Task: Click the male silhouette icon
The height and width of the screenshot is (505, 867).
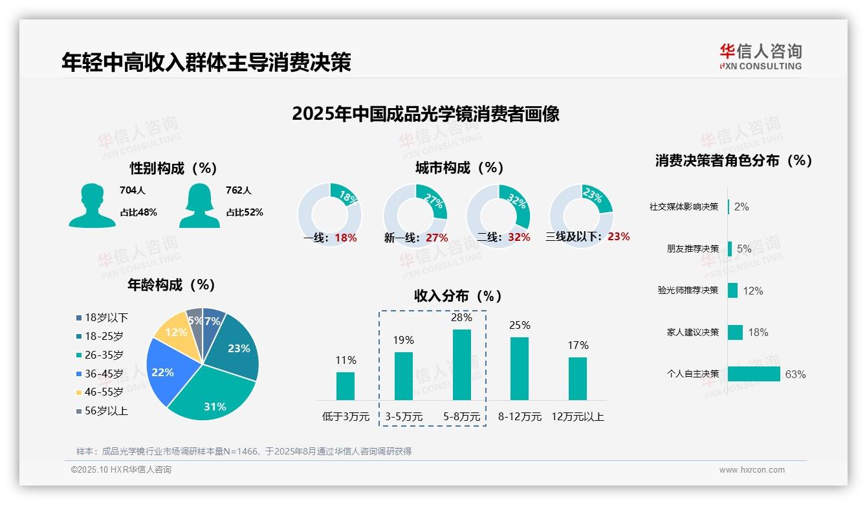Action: (x=92, y=206)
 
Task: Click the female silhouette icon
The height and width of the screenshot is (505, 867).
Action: (x=199, y=206)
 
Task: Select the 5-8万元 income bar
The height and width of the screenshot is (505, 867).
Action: (x=461, y=365)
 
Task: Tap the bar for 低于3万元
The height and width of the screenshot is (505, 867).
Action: (x=346, y=386)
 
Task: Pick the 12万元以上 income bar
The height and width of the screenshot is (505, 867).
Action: (x=578, y=379)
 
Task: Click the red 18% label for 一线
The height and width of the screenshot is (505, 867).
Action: (x=346, y=238)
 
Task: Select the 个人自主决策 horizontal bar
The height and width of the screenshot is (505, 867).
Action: (x=754, y=374)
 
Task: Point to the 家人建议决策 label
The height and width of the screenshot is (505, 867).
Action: (x=692, y=332)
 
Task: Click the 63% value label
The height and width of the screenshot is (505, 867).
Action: (x=795, y=374)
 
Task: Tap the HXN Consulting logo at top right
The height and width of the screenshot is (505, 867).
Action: (x=760, y=56)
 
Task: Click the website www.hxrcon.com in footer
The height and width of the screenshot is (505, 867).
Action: (x=751, y=470)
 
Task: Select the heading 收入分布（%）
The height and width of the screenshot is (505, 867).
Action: (x=458, y=296)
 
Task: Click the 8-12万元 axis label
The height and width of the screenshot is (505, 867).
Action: (x=520, y=417)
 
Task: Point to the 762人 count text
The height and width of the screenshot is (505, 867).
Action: (x=239, y=190)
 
